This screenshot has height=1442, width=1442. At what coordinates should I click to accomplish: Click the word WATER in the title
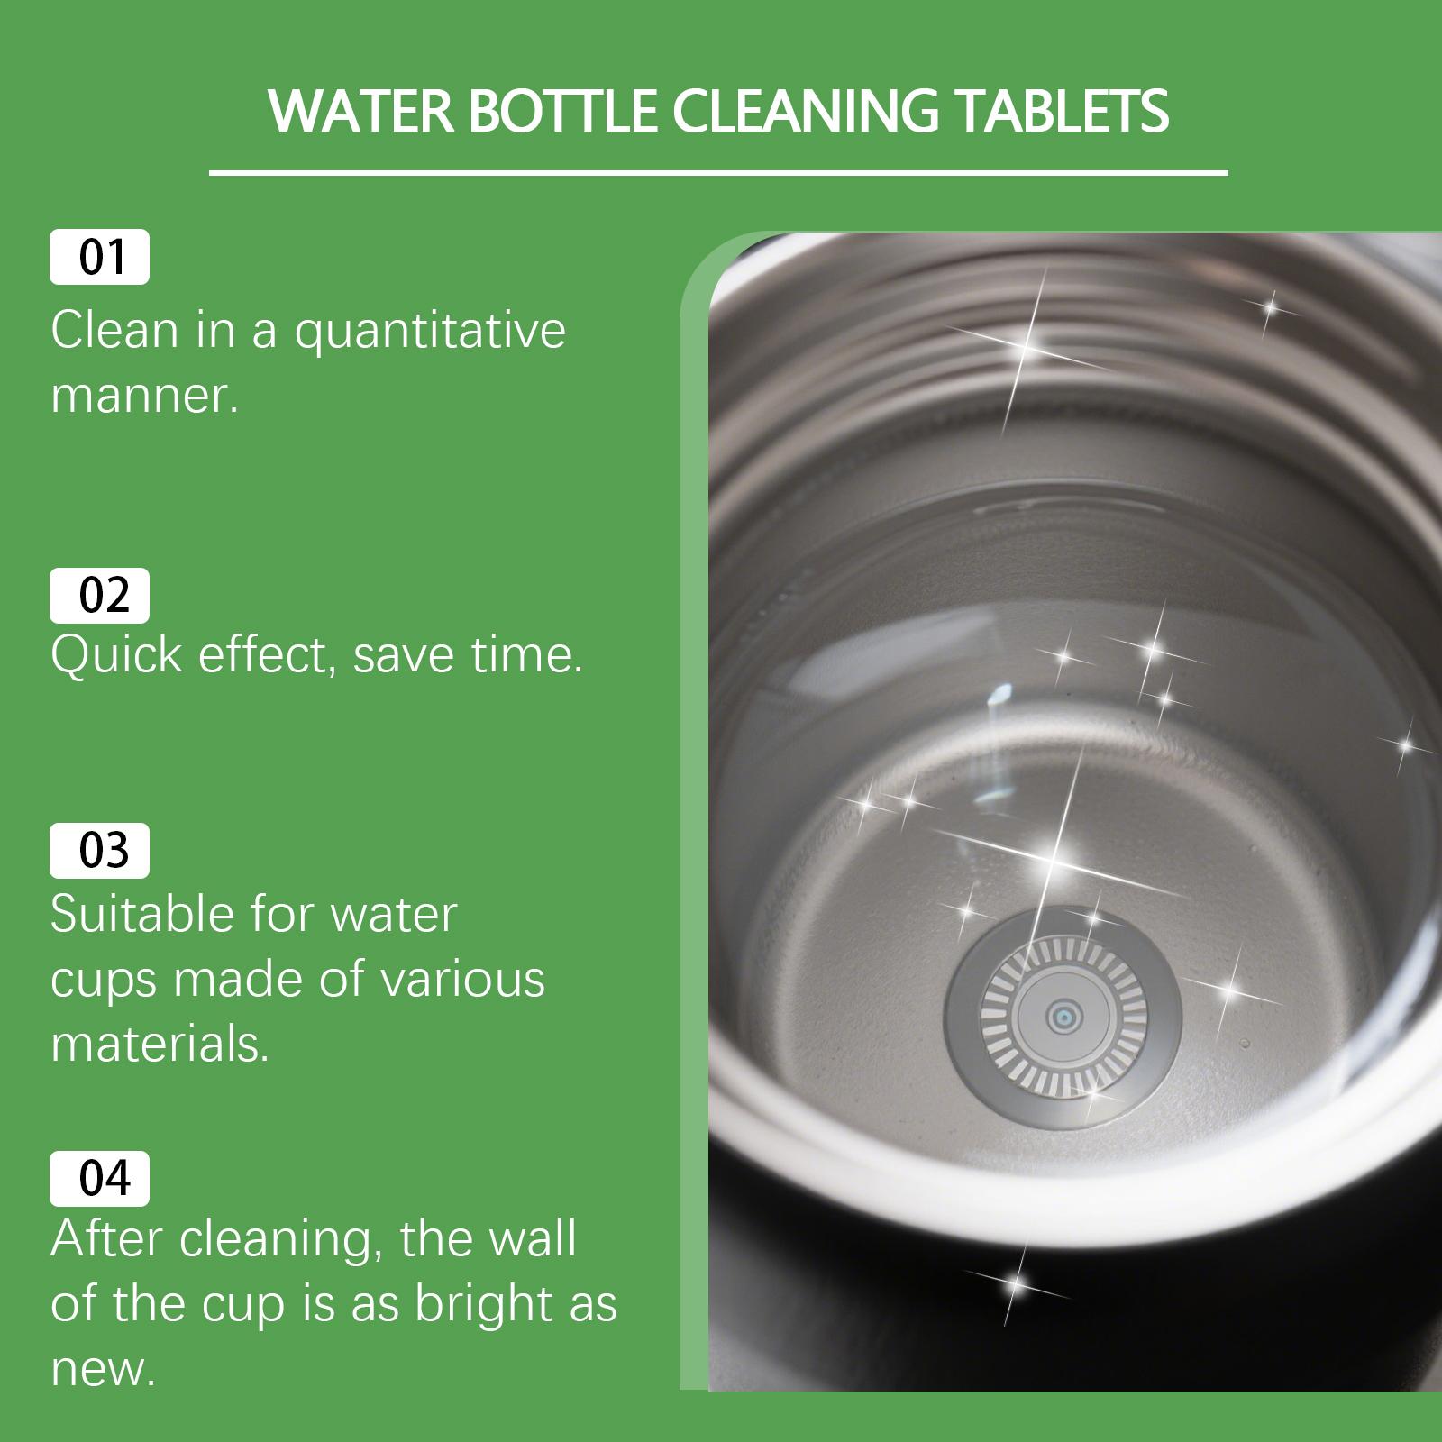360,112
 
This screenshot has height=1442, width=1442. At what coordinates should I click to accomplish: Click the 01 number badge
99,258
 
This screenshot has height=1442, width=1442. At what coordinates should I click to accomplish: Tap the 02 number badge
99,596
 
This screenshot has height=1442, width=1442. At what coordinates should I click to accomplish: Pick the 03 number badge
99,851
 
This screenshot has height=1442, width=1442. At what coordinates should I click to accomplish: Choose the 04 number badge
99,1179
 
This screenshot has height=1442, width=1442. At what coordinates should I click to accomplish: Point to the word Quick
116,654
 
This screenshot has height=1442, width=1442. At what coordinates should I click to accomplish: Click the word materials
160,1045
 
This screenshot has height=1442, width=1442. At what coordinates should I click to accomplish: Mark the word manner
144,397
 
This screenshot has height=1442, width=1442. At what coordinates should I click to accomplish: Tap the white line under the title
718,172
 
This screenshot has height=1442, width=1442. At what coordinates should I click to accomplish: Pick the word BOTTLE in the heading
561,112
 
